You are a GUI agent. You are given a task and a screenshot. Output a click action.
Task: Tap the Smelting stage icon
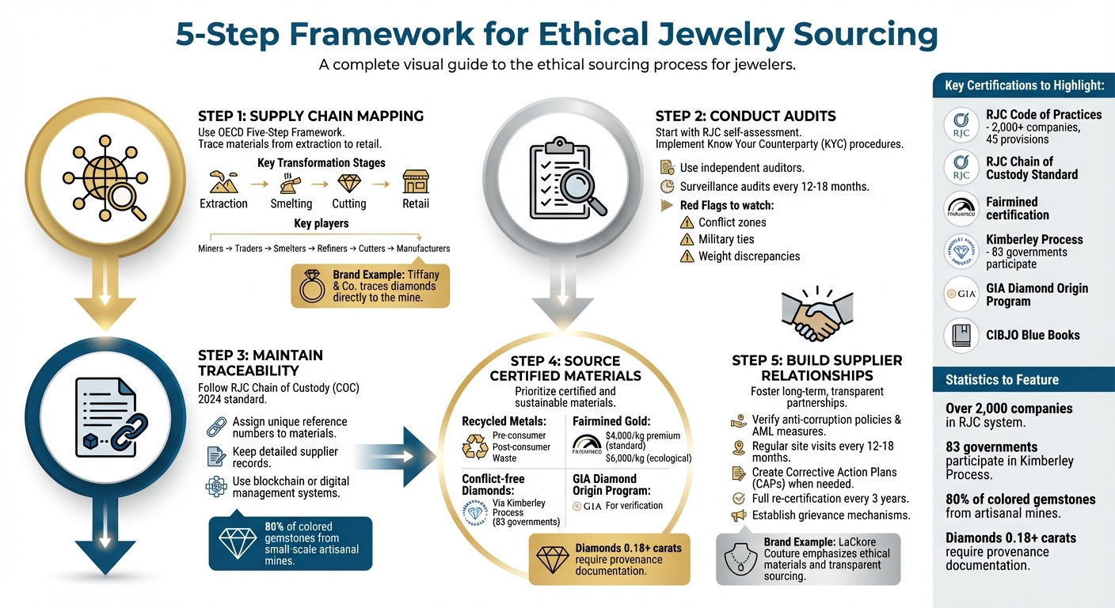291,184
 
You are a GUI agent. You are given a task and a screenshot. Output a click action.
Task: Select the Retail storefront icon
415,182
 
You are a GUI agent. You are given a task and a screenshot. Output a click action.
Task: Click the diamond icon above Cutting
348,184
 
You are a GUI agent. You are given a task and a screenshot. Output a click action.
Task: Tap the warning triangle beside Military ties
687,240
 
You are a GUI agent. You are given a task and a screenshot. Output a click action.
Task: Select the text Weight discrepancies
748,256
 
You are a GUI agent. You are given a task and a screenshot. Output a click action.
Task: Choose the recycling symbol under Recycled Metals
477,446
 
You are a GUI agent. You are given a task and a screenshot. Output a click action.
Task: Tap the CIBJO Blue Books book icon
961,336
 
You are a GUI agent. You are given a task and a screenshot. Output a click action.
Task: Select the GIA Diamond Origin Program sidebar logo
961,294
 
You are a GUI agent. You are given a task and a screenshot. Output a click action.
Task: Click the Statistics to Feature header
1002,380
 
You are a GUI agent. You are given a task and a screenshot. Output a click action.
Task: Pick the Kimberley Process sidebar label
1034,239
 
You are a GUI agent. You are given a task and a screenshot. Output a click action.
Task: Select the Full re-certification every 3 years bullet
820,499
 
